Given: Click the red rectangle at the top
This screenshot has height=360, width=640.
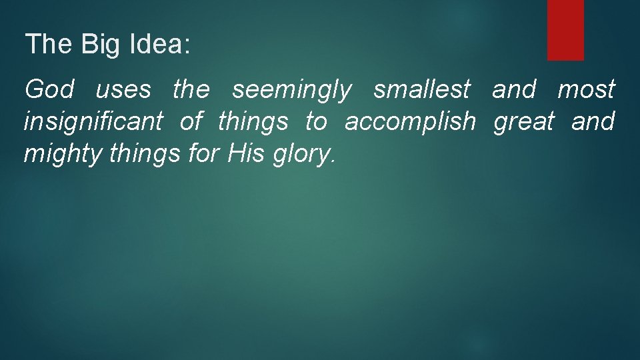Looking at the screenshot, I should click(x=565, y=30).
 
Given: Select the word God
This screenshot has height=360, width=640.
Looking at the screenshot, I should click(x=49, y=89).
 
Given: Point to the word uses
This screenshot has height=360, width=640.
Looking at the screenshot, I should click(x=123, y=89).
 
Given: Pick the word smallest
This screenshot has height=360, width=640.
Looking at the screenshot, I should click(x=422, y=89).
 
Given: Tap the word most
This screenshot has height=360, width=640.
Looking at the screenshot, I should click(x=586, y=89).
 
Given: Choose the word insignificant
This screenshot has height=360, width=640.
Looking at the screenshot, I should click(x=93, y=122).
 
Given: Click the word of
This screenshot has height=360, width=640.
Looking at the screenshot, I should click(x=191, y=121).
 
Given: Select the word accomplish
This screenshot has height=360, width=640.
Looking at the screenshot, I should click(x=410, y=122).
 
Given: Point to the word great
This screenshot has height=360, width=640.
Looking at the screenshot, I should click(x=524, y=122).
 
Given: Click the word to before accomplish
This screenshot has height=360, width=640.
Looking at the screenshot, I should click(x=316, y=121).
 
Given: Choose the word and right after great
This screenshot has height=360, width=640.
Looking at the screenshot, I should click(x=593, y=121).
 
